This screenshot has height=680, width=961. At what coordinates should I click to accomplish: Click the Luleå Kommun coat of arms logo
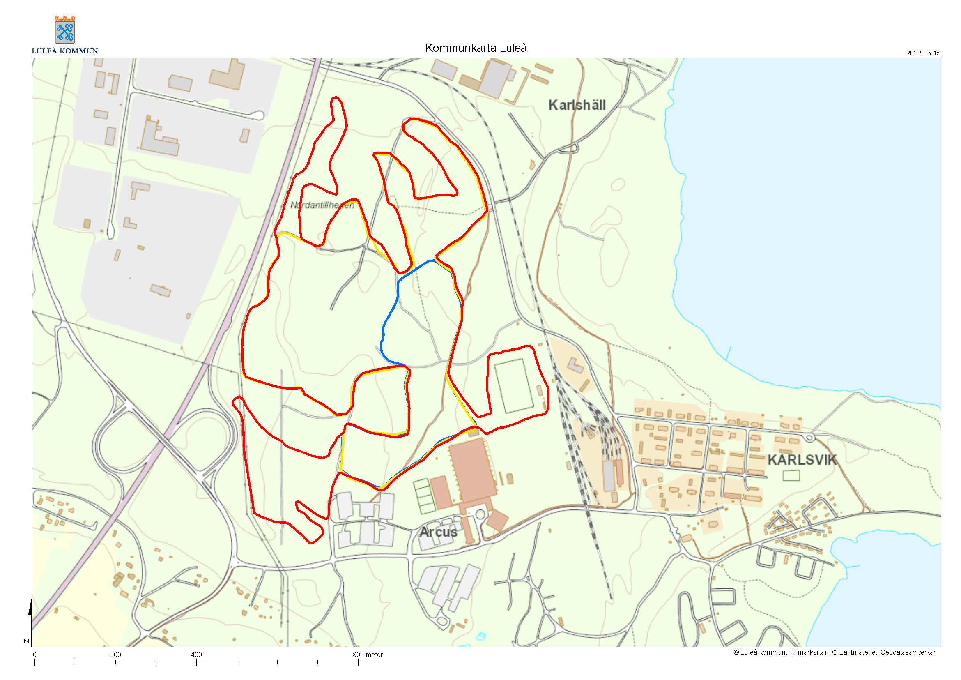pos(65,29)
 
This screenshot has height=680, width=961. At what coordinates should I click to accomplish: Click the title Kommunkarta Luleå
pos(476,48)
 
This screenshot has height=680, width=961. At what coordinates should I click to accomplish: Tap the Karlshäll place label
pos(577,105)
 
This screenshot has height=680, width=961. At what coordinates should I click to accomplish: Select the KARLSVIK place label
pos(802,460)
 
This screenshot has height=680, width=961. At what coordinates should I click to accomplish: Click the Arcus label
pos(438,532)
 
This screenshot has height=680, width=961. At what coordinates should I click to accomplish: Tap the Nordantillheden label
pos(322,205)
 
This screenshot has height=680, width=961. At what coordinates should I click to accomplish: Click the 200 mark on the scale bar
pos(115,655)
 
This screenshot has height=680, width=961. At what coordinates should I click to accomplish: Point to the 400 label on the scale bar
pos(196,655)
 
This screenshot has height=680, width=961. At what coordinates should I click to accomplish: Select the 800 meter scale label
pos(368,655)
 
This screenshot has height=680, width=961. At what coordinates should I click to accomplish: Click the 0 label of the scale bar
pos(35,655)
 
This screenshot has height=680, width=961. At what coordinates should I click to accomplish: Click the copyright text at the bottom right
pos(835,652)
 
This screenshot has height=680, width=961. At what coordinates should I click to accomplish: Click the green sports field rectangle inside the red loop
pos(514,386)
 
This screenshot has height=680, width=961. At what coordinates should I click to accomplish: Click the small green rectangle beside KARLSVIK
pos(791,475)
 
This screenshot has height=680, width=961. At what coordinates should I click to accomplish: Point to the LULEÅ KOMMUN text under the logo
pos(65,51)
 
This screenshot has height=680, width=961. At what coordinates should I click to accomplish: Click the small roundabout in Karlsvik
pos(810,438)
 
